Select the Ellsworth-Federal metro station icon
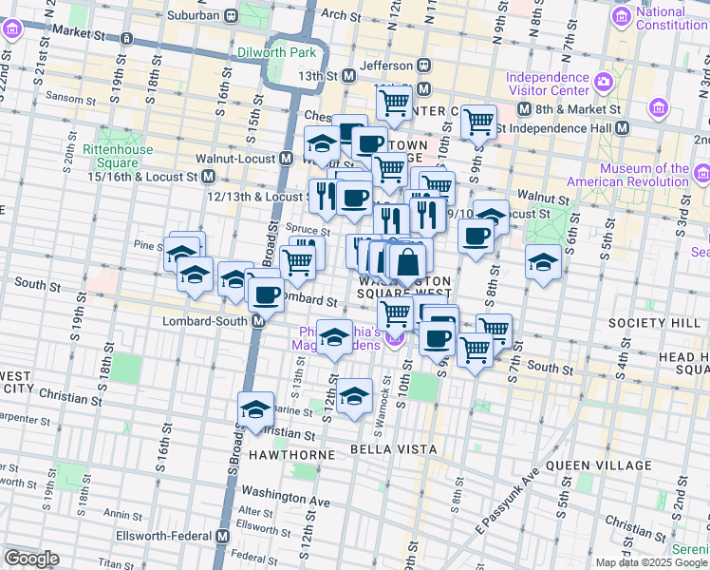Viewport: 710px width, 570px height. (223, 536)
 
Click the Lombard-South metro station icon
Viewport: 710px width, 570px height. (258, 321)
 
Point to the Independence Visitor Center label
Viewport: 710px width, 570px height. (548, 85)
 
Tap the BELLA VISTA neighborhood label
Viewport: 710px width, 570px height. (393, 448)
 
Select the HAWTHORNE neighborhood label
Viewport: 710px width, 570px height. (292, 455)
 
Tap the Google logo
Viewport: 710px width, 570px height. (32, 559)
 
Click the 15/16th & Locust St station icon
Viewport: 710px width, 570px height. (207, 177)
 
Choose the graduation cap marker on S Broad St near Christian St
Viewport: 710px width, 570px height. (255, 409)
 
